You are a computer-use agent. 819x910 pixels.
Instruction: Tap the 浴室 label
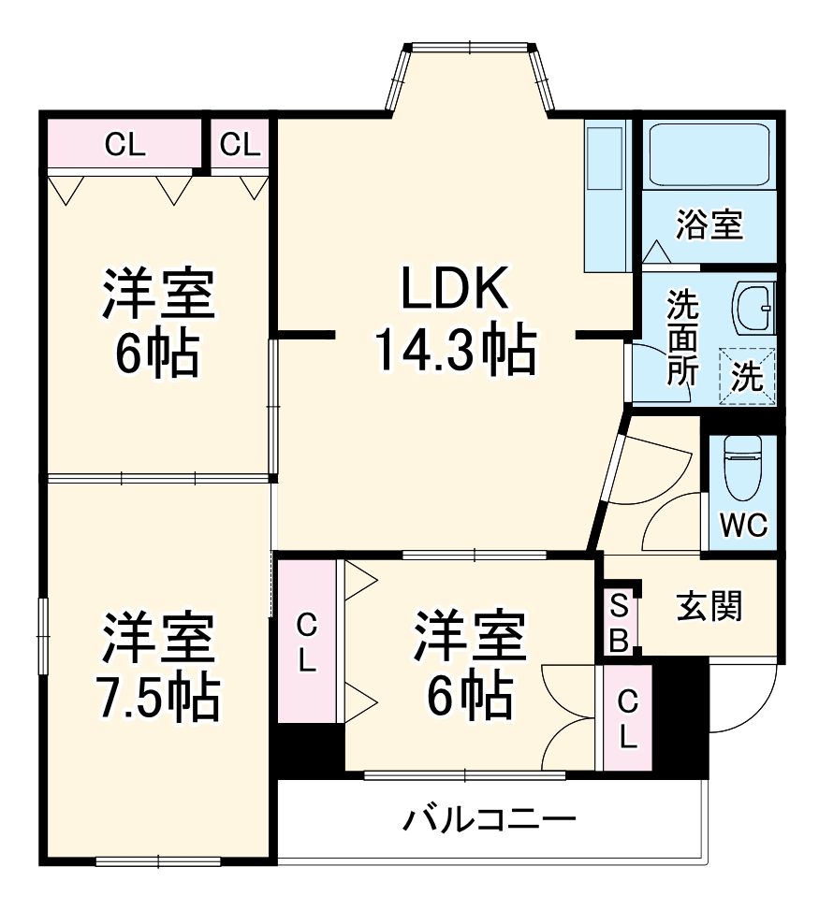pyautogui.click(x=709, y=224)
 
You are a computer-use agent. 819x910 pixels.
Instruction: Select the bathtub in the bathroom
pyautogui.click(x=709, y=154)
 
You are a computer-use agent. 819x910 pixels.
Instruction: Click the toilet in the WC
pyautogui.click(x=745, y=472)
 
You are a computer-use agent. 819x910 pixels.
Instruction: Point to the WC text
pyautogui.click(x=745, y=526)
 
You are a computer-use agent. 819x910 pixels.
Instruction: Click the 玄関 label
pyautogui.click(x=709, y=606)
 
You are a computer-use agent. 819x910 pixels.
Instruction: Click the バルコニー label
pyautogui.click(x=490, y=821)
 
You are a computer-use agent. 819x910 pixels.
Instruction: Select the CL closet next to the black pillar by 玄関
pyautogui.click(x=627, y=717)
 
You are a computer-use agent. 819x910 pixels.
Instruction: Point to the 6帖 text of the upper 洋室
pyautogui.click(x=158, y=353)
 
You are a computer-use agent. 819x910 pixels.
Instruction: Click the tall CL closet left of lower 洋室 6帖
pyautogui.click(x=306, y=641)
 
